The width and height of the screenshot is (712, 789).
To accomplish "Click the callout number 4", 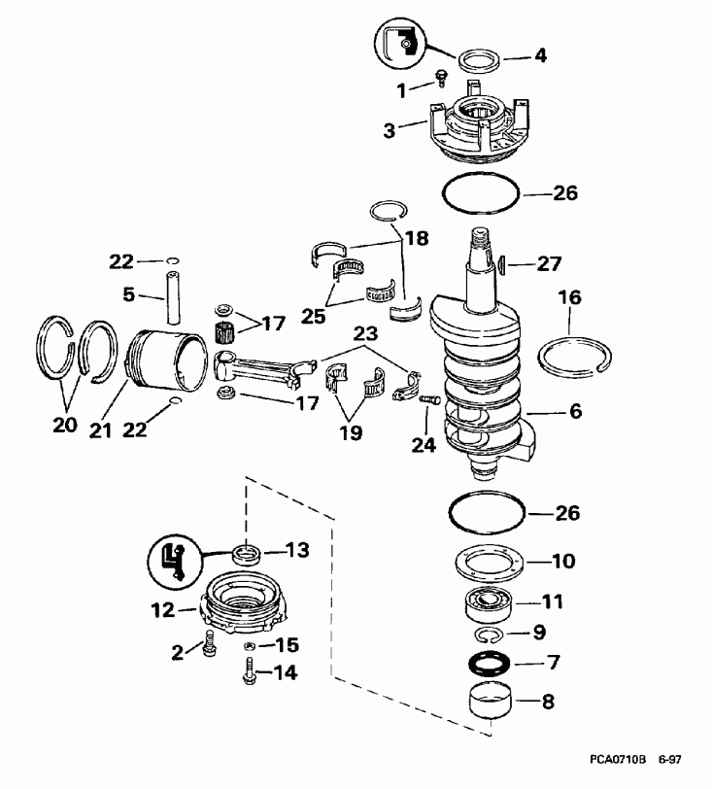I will click(x=539, y=55).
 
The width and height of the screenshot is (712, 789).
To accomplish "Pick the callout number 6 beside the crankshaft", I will click(x=575, y=411).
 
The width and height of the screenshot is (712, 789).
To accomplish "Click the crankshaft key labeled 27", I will click(x=503, y=261).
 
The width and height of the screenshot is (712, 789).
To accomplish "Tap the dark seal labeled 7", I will click(x=487, y=666).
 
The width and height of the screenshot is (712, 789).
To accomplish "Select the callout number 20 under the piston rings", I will click(x=63, y=425).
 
